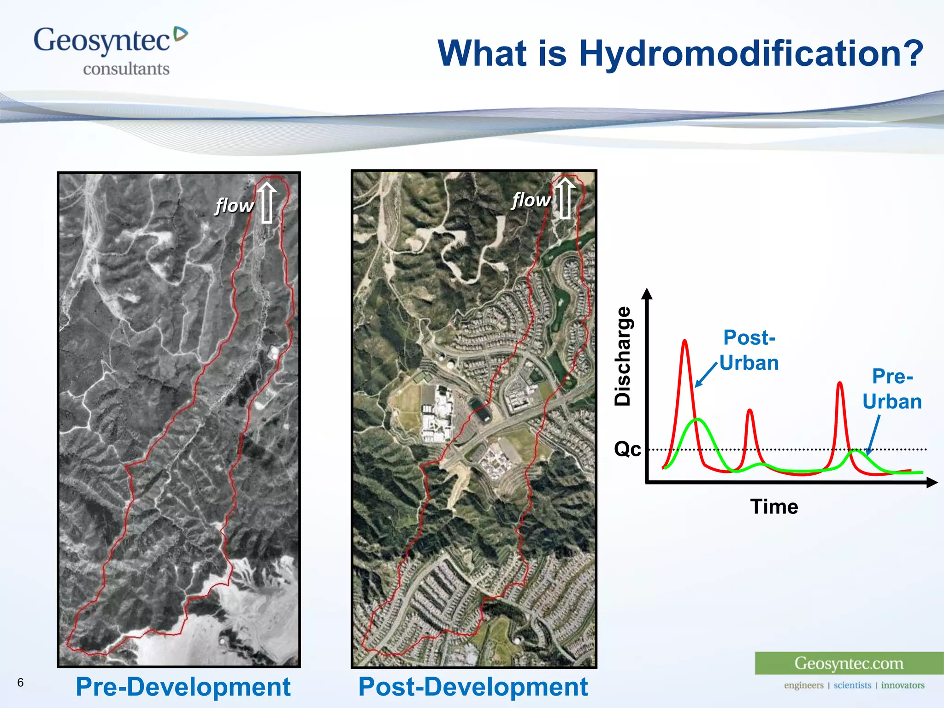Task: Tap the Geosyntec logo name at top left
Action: [102, 41]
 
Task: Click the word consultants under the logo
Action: [126, 69]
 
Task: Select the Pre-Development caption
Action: [183, 687]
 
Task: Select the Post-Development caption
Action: [473, 687]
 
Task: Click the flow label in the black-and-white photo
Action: [234, 206]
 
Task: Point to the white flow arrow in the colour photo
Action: [565, 198]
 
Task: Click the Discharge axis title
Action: [623, 356]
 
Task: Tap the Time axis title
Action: [774, 507]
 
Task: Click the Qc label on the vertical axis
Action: [627, 448]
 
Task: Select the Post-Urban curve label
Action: [749, 350]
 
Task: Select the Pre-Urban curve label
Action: [892, 389]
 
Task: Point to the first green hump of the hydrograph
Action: [698, 420]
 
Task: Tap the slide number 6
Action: [20, 682]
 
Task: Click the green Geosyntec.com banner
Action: [849, 663]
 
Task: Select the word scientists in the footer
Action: [852, 685]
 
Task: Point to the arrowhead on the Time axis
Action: [932, 483]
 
